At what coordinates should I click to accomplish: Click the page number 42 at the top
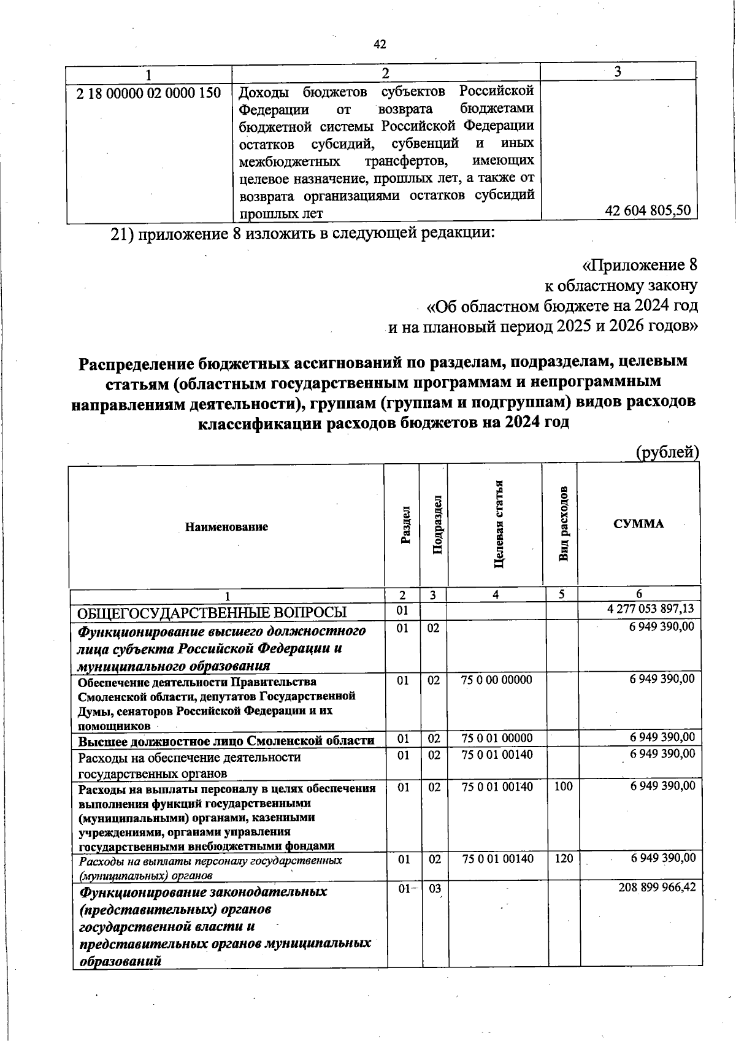380,44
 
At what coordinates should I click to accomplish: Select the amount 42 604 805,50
648,210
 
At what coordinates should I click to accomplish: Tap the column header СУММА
638,523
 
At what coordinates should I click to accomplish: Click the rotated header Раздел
405,526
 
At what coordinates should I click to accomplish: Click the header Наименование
226,526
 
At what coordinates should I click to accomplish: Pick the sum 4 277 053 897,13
650,609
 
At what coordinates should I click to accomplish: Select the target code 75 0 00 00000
497,679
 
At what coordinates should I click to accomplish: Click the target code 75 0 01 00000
497,738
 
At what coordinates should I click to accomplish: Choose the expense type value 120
563,858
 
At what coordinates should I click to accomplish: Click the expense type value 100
563,786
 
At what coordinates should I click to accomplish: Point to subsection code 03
434,888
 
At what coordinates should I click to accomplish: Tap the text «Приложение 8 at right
640,265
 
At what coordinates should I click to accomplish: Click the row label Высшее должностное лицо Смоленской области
226,740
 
